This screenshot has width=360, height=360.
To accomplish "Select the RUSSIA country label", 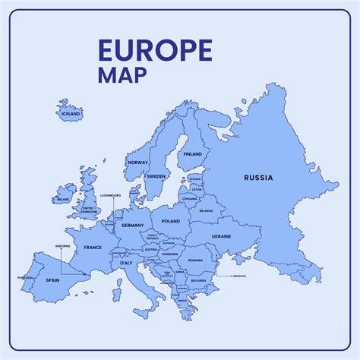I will (x=258, y=178).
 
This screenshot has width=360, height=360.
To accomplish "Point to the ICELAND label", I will (x=70, y=113).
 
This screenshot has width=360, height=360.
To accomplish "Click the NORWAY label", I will (x=138, y=163).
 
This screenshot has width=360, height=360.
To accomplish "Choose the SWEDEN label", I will (x=156, y=176).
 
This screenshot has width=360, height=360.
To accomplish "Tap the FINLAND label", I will (x=192, y=154).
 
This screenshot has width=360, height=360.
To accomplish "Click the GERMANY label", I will (x=132, y=226).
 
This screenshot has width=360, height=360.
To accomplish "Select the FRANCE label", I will (x=93, y=248).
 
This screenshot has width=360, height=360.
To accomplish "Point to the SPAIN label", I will (x=52, y=280).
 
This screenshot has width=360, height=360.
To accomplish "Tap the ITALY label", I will (x=126, y=263).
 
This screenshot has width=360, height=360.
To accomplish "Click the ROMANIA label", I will (x=195, y=260).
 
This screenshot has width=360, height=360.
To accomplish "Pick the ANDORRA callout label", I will (x=63, y=246).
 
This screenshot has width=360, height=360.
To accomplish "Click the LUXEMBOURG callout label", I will (x=111, y=195).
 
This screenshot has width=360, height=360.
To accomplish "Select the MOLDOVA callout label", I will (x=239, y=276).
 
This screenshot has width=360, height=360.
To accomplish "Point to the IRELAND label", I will (x=63, y=200).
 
